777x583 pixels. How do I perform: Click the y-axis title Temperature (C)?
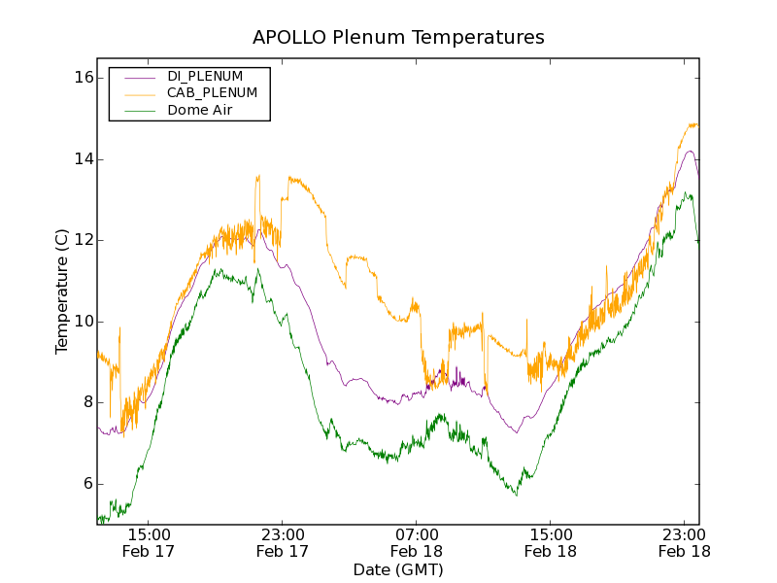62,291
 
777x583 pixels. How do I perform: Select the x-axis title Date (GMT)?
398,569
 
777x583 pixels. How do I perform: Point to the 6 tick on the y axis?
85,484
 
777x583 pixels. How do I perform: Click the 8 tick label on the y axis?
85,402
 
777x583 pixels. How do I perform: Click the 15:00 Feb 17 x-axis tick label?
150,542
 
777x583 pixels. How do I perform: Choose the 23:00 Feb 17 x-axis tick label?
283,542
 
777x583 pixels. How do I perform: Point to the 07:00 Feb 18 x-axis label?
417,542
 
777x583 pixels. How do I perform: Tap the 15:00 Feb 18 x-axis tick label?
551,542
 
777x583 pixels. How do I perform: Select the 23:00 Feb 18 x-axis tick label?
684,542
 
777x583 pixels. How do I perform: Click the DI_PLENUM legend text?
205,76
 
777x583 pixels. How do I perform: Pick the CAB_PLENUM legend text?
212,93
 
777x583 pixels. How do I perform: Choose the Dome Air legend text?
199,110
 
